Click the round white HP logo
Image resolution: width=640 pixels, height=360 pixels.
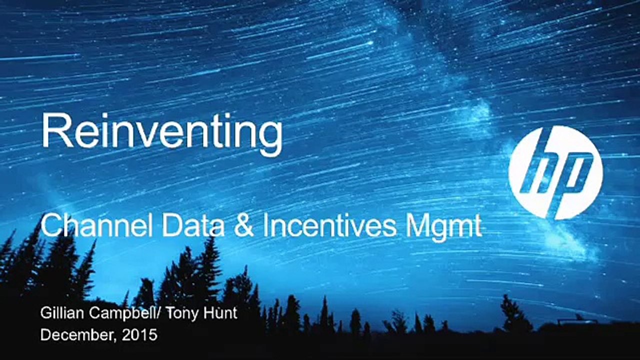click(x=555, y=172)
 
